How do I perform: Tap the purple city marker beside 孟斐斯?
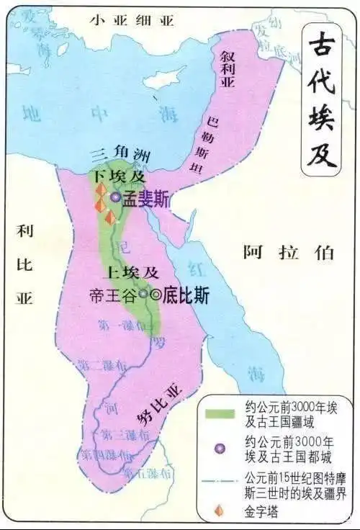point(115,196)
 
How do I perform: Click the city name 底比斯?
point(185,294)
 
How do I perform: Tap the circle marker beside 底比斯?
point(155,294)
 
